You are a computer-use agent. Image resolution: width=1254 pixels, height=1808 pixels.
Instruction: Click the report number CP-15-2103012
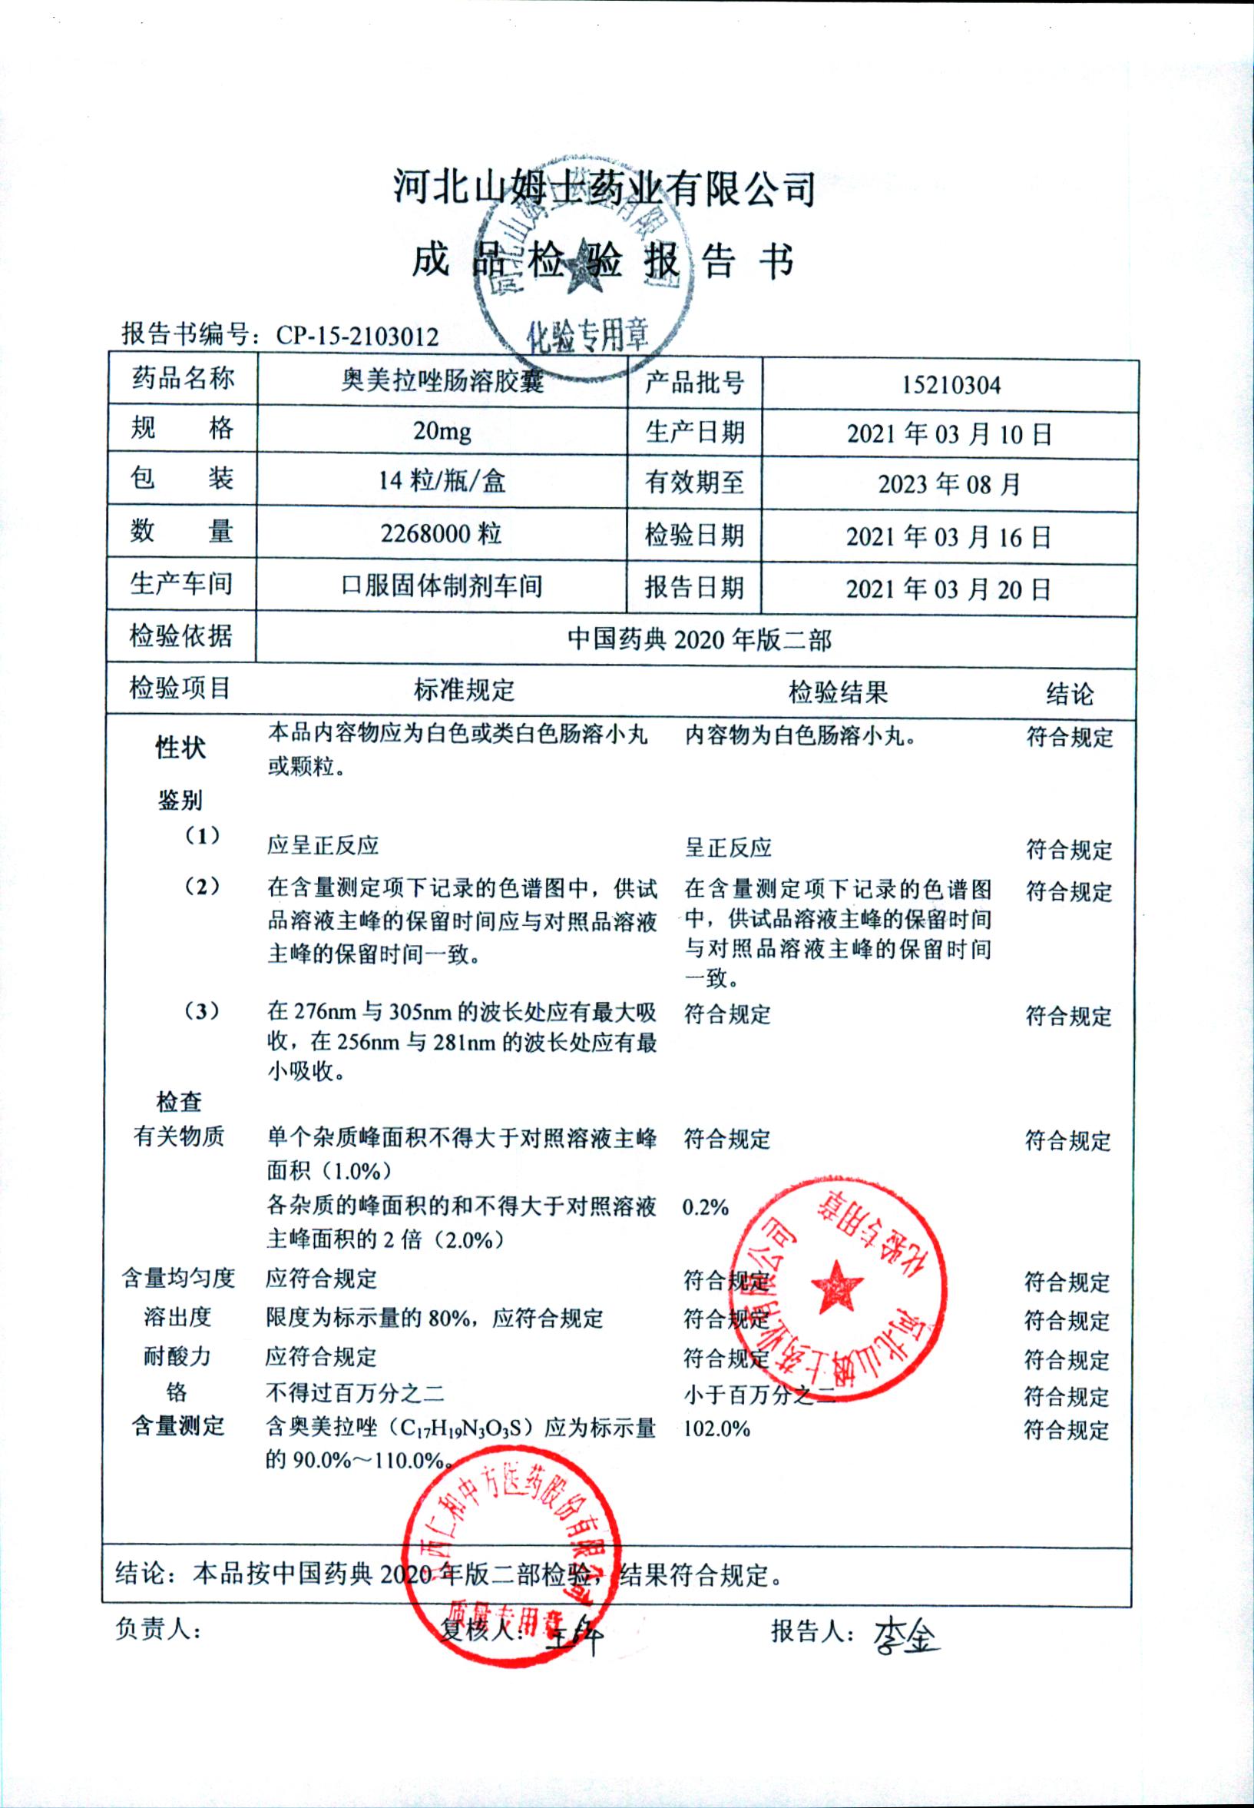(x=357, y=336)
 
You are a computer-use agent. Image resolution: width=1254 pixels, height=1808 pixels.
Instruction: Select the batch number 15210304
(x=950, y=385)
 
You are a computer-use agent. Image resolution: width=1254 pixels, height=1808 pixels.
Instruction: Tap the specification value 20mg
(x=442, y=431)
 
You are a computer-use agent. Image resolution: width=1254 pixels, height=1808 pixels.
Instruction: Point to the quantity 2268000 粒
(x=441, y=535)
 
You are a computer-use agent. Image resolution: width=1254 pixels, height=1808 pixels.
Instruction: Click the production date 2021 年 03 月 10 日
(x=948, y=434)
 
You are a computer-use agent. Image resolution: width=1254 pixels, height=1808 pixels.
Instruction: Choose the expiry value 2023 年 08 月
(x=948, y=484)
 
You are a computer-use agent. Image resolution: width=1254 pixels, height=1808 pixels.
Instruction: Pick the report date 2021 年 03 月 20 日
(x=948, y=589)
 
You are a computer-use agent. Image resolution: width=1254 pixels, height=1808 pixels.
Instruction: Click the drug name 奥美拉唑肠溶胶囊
(x=442, y=382)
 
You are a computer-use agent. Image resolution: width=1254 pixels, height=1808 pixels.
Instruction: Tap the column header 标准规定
(x=465, y=690)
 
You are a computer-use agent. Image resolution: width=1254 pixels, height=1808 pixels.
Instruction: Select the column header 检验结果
(x=838, y=692)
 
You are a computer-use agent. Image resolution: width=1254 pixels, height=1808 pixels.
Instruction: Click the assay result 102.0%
(x=716, y=1428)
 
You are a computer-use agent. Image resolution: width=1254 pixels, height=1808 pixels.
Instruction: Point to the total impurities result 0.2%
(x=705, y=1206)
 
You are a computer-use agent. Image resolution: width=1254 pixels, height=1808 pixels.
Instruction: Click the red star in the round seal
(x=836, y=1287)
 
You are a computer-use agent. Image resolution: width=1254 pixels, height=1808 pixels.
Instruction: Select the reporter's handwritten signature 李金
(x=905, y=1634)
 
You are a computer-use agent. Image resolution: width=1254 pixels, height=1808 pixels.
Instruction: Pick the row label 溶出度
(x=177, y=1317)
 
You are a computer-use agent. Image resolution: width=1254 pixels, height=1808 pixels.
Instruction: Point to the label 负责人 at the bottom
(x=157, y=1630)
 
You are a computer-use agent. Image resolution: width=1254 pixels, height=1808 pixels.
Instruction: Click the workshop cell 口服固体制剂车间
(x=442, y=586)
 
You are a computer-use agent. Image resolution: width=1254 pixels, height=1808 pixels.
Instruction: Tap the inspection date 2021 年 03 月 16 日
(x=948, y=537)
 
